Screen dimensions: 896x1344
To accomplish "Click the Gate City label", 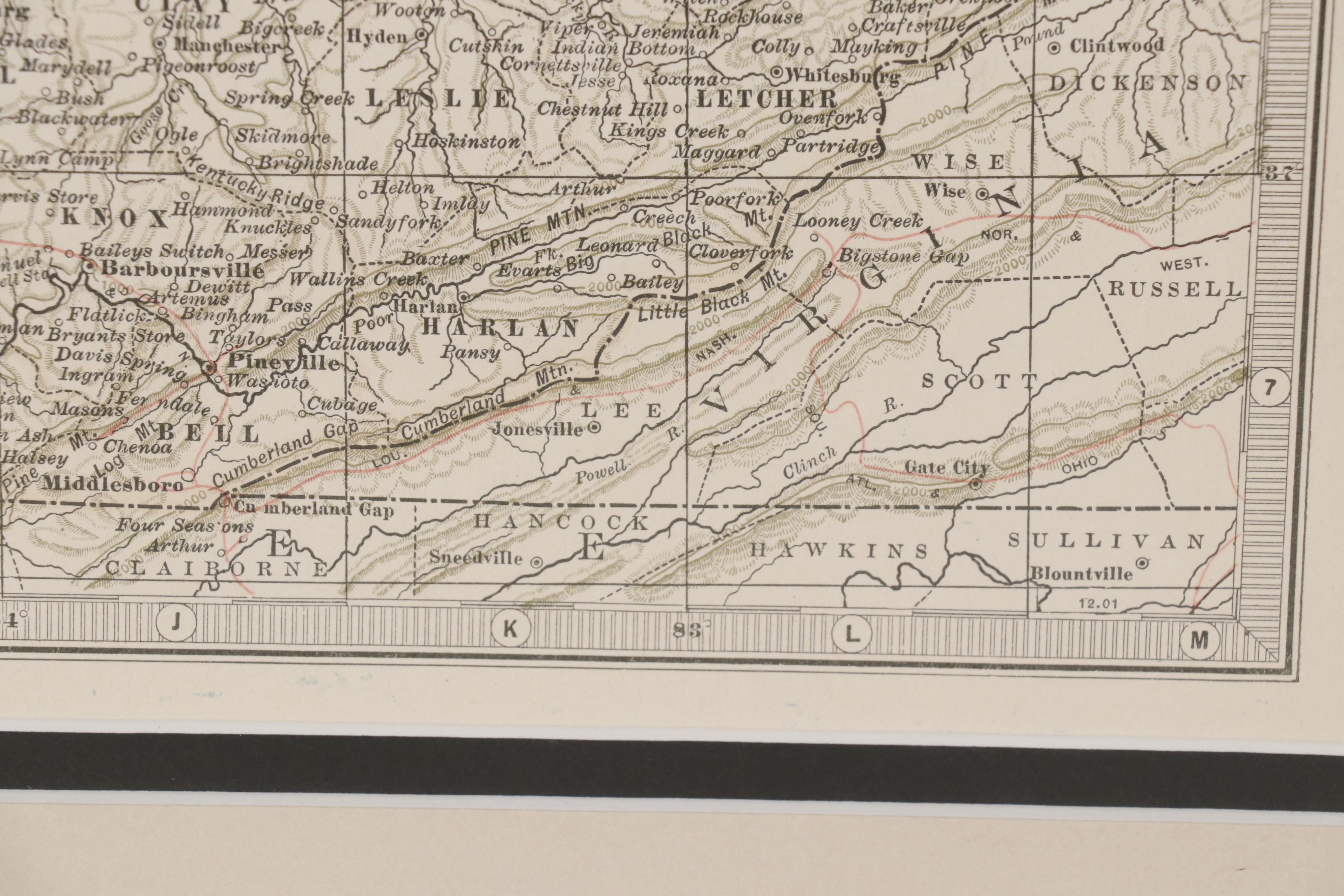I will point(946,468).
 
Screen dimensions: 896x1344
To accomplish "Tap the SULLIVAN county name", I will point(1106,540).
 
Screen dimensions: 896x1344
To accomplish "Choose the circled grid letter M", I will point(1199,639).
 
